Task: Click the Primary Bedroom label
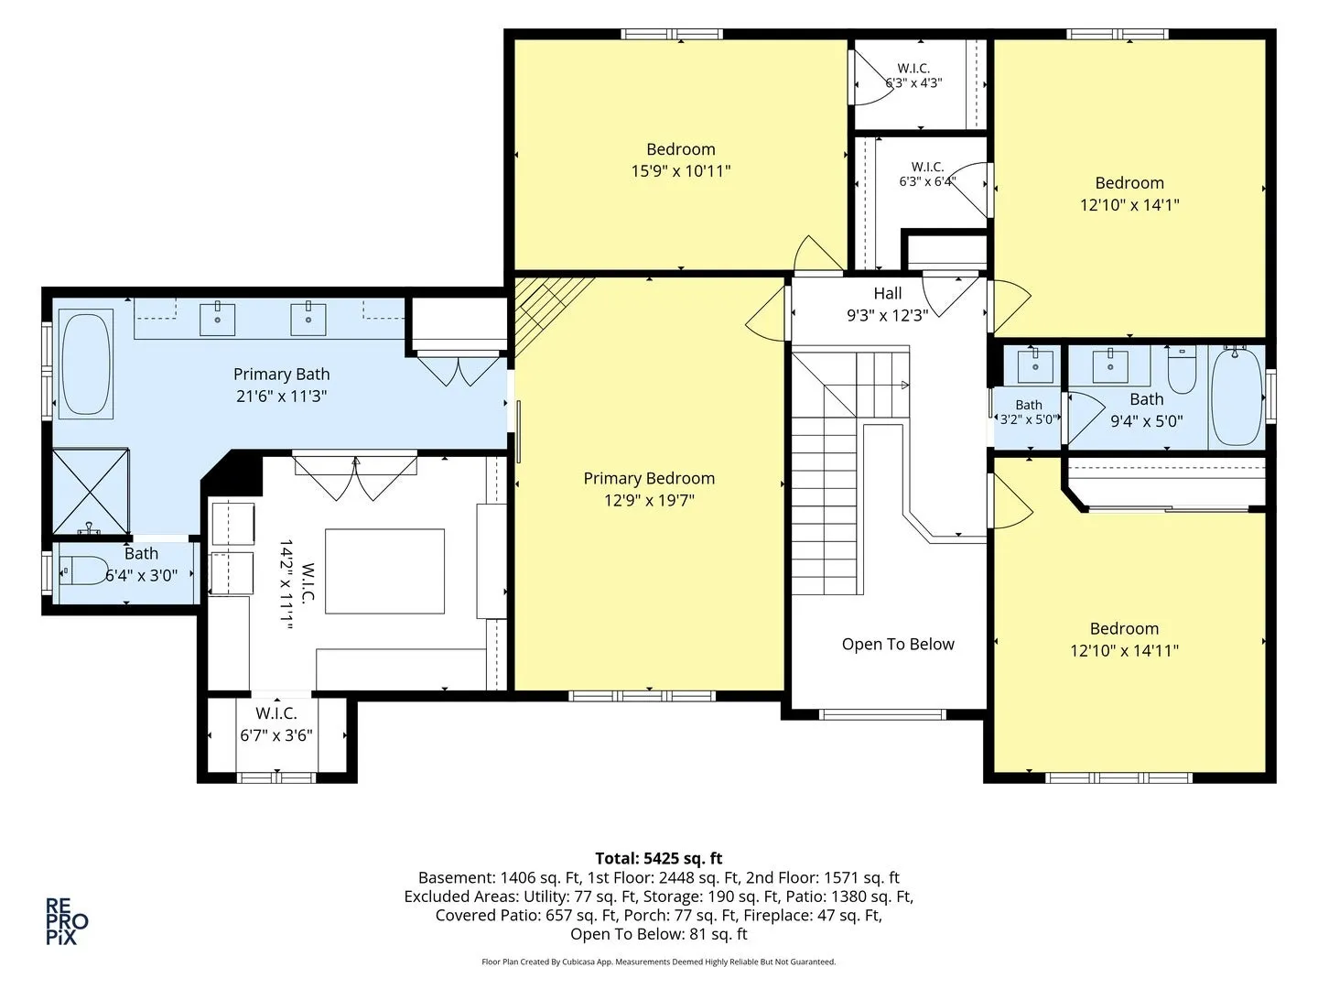(649, 478)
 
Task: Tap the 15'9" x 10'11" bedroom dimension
(681, 171)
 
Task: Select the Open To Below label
(898, 645)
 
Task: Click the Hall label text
(888, 293)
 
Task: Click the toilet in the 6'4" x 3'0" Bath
(83, 570)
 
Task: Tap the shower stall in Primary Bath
(91, 491)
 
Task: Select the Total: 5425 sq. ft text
(659, 858)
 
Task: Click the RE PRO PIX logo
(67, 921)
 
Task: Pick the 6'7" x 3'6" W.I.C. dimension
(276, 735)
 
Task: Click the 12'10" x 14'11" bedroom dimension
(1124, 650)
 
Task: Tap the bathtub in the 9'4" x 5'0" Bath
(1237, 397)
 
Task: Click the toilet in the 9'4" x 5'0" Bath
(1183, 370)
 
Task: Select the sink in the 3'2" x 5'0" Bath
(1035, 365)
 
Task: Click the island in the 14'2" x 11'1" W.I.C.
(385, 571)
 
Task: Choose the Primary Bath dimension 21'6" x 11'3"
(281, 397)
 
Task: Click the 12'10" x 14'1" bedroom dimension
(1129, 205)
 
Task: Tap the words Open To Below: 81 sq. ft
(659, 934)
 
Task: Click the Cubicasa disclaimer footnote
(659, 962)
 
